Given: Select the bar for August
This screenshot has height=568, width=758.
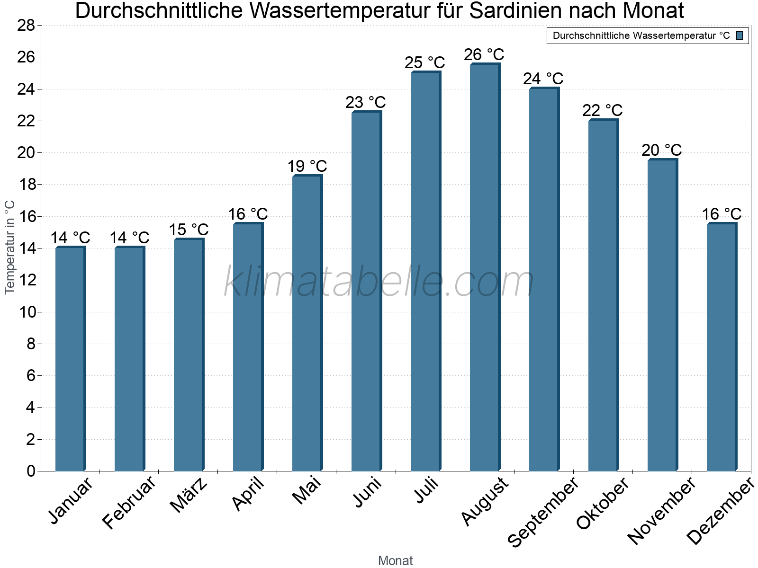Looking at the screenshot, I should coord(485,267).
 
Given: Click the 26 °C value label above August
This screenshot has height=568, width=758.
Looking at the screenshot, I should coord(484,54).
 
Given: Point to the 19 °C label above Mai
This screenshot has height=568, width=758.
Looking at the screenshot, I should coord(307,166).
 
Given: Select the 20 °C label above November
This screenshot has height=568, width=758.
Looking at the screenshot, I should coord(661,150).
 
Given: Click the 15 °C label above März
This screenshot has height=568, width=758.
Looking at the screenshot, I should coord(189,230).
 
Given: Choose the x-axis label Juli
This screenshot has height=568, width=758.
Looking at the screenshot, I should coord(426,491).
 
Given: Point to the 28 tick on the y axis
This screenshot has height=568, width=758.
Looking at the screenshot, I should coord(26,25).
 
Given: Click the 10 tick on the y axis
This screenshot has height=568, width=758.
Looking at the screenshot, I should coord(26,312).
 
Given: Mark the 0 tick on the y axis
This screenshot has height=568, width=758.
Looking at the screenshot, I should coord(31,471).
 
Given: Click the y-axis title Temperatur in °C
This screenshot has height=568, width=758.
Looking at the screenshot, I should coord(10,247).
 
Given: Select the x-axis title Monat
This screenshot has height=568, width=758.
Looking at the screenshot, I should coord(395,560).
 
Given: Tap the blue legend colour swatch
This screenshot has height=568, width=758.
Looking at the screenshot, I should coord(740,35).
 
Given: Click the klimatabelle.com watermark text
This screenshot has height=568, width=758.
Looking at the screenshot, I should coord(379,282).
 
